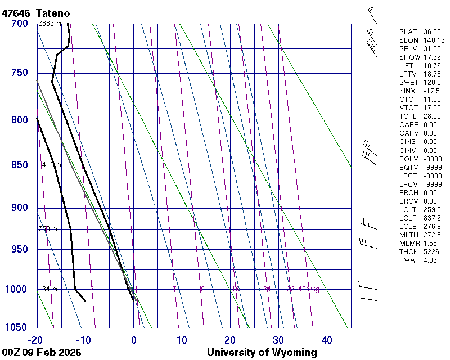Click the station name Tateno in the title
[54, 12]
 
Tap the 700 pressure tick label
[19, 24]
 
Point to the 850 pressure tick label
[19, 165]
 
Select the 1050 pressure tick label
[17, 328]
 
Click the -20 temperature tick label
[36, 340]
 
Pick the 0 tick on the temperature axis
[134, 340]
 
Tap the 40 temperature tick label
[327, 340]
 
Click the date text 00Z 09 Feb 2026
[41, 353]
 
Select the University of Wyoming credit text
[262, 353]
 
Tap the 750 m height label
[47, 229]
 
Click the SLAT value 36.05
[432, 32]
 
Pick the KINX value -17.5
[431, 91]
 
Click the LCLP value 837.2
[432, 218]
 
